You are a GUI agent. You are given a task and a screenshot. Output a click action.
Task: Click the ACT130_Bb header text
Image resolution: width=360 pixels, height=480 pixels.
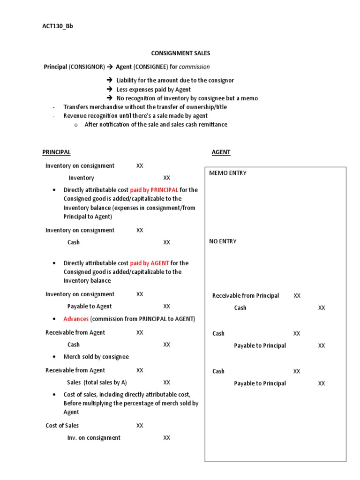pos(58,26)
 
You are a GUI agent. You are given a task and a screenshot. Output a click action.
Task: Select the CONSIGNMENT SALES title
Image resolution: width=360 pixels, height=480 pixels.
pos(180,53)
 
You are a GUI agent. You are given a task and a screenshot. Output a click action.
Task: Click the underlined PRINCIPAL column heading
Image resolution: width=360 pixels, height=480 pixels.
pos(56,152)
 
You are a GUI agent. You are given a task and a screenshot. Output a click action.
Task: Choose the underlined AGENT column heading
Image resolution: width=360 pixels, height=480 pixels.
pos(221,152)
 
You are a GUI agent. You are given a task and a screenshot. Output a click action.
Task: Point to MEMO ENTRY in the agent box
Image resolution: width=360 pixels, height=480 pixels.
pos(228,173)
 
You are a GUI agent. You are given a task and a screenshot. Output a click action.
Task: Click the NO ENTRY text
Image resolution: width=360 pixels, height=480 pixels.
pos(223,241)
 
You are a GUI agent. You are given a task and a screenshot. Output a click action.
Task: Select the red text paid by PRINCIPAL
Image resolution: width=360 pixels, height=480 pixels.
pos(154,190)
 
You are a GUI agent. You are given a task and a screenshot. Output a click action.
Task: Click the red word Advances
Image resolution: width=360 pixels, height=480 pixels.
pos(76,319)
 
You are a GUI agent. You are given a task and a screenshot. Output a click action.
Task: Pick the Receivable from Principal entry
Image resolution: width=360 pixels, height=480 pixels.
pos(246,296)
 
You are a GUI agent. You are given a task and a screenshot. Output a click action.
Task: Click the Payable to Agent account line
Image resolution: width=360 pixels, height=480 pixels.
pos(90,307)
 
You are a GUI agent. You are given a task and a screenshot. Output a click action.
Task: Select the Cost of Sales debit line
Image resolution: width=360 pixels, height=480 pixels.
pos(62,426)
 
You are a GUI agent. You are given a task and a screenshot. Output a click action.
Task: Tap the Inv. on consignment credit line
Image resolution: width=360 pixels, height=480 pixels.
pos(94,438)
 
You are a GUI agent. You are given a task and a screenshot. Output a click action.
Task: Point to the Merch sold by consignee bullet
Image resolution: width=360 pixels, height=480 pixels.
pos(96,357)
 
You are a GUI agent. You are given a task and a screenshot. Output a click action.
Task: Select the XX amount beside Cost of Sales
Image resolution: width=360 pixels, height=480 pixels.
pos(140,426)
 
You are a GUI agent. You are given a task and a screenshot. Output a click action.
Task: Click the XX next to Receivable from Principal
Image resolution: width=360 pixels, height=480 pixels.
pos(297,296)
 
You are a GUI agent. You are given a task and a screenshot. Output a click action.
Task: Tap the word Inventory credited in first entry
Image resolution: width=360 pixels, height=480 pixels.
pos(82,178)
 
